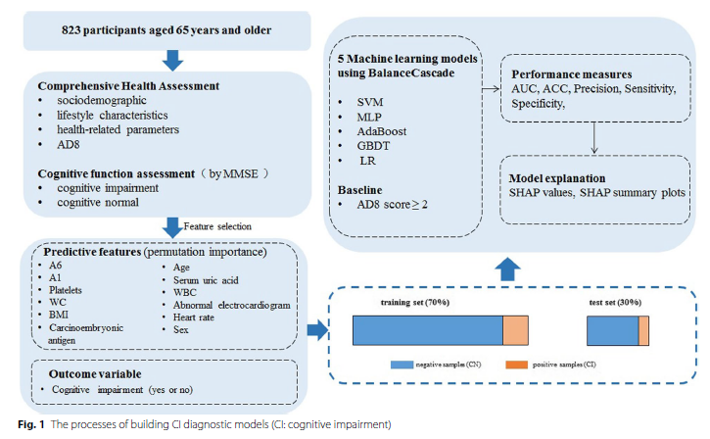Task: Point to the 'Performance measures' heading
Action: (x=569, y=73)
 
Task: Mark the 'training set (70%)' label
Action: (x=414, y=303)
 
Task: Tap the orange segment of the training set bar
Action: (x=516, y=331)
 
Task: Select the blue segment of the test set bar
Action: (x=612, y=331)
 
